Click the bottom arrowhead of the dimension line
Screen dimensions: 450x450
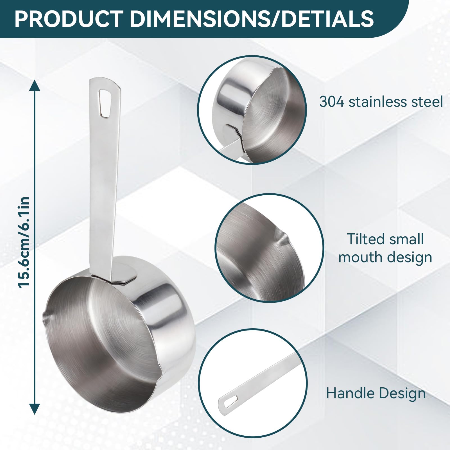pyautogui.click(x=34, y=409)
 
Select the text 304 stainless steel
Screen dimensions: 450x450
pyautogui.click(x=381, y=102)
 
